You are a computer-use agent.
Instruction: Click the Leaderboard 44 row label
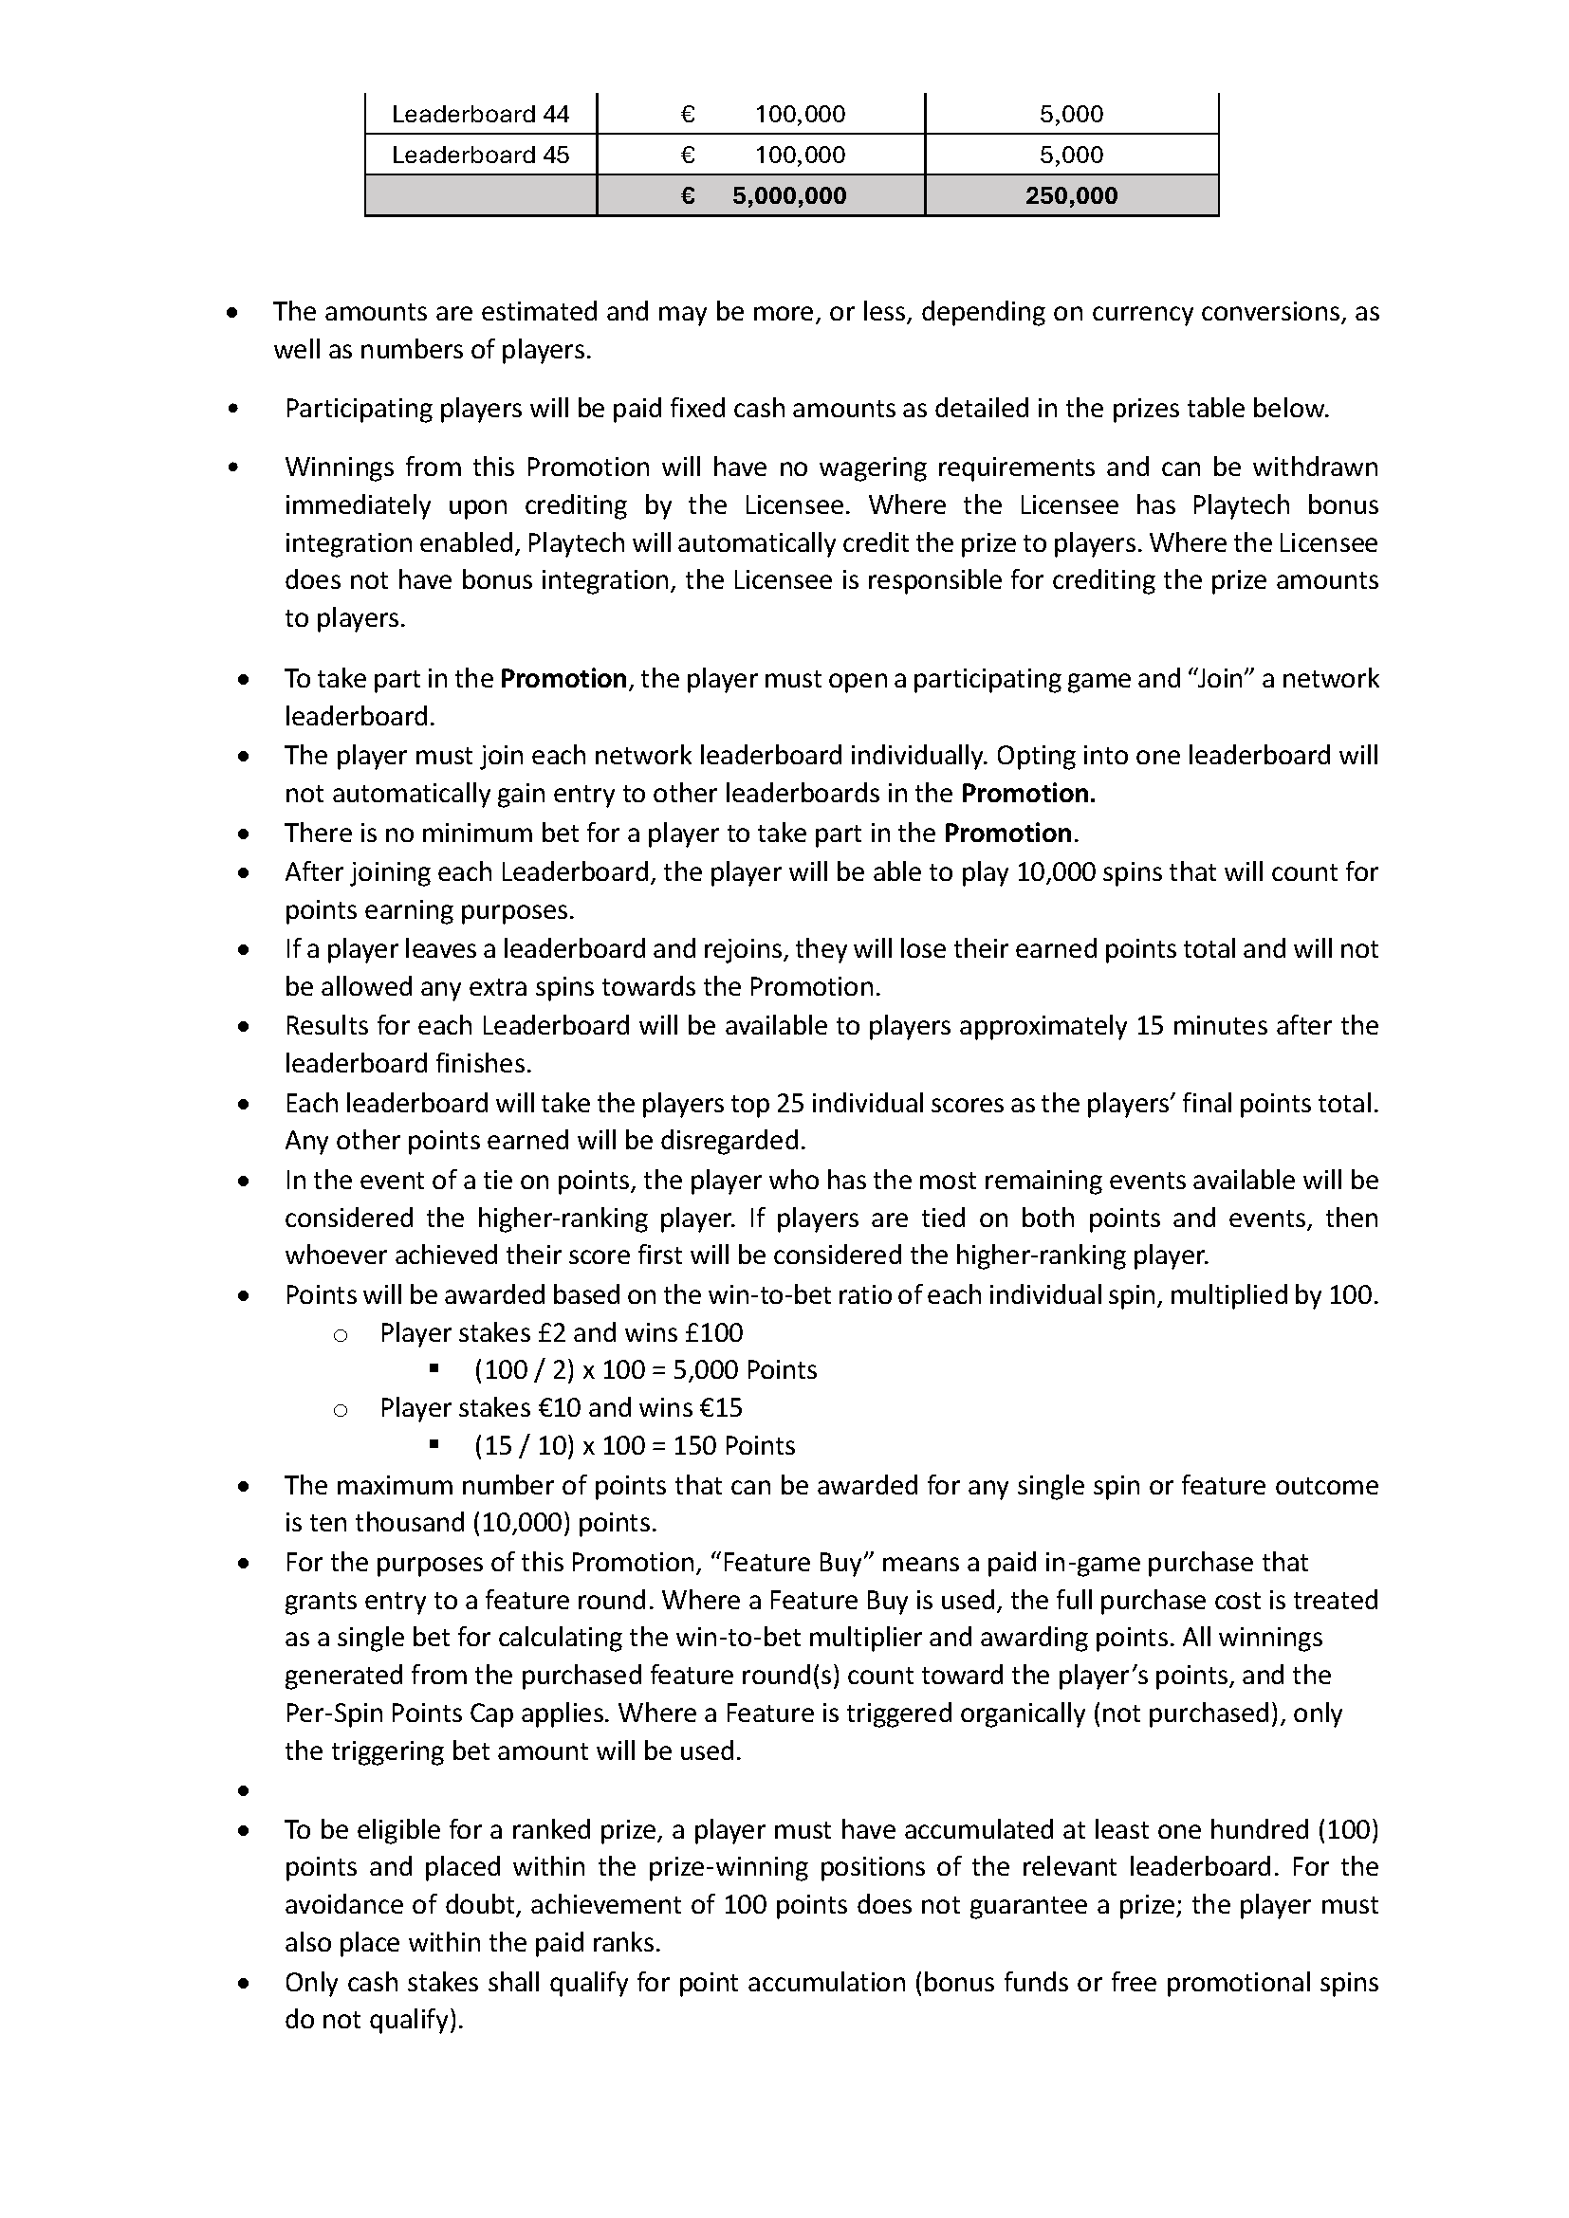pyautogui.click(x=480, y=114)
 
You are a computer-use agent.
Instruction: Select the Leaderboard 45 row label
pyautogui.click(x=480, y=155)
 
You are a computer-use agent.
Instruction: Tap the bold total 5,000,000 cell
pyautogui.click(x=788, y=196)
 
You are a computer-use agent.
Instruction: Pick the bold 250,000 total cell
pyautogui.click(x=1071, y=196)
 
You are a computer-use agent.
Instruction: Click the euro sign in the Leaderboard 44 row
pyautogui.click(x=688, y=114)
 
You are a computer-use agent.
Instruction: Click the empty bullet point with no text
pyautogui.click(x=244, y=1792)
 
